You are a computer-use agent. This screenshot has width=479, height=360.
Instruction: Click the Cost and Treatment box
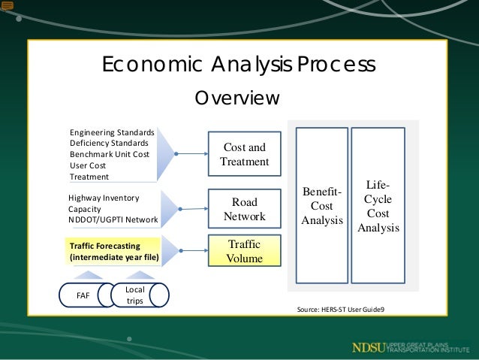244,154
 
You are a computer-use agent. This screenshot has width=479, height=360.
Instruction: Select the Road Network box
244,210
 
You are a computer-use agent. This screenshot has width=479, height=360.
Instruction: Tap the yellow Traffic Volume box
244,251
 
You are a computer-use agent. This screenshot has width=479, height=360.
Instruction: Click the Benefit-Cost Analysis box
321,206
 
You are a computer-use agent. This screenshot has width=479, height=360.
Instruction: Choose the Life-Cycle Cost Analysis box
378,206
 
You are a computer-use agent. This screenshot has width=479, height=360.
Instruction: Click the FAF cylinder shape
83,295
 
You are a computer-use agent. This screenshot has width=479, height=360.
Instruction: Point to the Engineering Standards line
112,132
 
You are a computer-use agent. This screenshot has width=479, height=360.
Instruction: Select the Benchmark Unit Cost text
110,154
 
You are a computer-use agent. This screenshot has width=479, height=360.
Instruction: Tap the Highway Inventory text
104,198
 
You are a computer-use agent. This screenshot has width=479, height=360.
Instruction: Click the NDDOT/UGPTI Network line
113,220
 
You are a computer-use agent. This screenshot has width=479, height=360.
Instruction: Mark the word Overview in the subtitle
237,98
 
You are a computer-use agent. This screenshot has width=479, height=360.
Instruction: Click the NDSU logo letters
370,347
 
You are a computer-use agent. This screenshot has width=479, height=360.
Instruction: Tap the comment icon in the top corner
8,6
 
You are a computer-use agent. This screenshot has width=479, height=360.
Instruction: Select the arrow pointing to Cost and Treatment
191,154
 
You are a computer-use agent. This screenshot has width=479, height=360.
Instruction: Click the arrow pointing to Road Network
191,210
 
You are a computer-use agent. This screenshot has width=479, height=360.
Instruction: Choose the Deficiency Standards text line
109,143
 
